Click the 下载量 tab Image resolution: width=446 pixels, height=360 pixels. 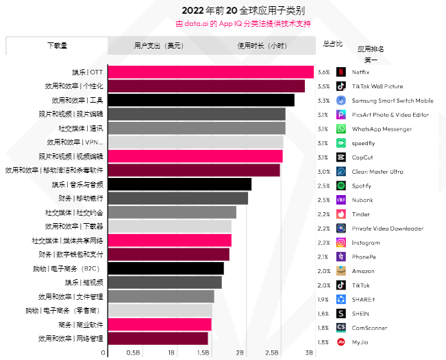pyautogui.click(x=57, y=46)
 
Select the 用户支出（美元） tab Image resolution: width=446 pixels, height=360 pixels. pyautogui.click(x=158, y=46)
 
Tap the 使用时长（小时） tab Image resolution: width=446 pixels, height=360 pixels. pyautogui.click(x=262, y=46)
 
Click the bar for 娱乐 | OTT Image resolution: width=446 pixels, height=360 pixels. pyautogui.click(x=210, y=72)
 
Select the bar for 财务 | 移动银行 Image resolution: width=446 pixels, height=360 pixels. pyautogui.click(x=177, y=198)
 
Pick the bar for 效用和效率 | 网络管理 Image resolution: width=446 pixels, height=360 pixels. pyautogui.click(x=158, y=338)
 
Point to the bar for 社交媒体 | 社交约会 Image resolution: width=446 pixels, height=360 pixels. pyautogui.click(x=172, y=212)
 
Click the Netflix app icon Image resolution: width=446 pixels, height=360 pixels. pyautogui.click(x=341, y=72)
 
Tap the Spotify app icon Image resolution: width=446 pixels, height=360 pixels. pyautogui.click(x=341, y=185)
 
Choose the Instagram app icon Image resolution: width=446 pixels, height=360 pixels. pyautogui.click(x=341, y=242)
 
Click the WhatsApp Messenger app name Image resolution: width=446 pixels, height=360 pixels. pyautogui.click(x=382, y=129)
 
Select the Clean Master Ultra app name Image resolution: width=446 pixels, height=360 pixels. pyautogui.click(x=377, y=171)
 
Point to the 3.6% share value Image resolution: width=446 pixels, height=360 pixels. pyautogui.click(x=323, y=72)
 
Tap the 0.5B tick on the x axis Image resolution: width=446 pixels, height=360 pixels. pyautogui.click(x=133, y=352)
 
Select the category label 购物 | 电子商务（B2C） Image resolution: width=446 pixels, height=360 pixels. pyautogui.click(x=67, y=268)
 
